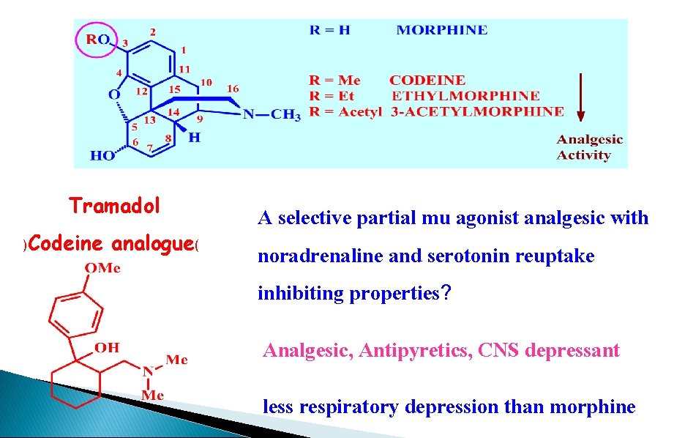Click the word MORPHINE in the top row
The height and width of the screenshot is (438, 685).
[x=441, y=30]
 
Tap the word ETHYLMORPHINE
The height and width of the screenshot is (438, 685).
[x=465, y=96]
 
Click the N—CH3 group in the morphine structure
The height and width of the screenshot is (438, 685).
[x=272, y=114]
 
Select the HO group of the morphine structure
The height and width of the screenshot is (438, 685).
[x=101, y=155]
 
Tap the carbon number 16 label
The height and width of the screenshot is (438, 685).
[x=232, y=89]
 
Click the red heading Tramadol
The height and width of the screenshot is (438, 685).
[x=114, y=206]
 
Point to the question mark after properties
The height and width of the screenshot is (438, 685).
[x=446, y=294]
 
